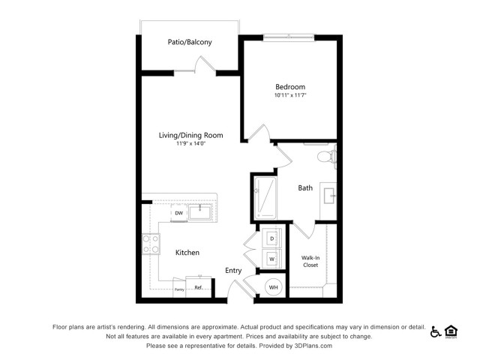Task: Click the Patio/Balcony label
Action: pos(190,42)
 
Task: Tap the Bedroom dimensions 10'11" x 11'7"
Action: pos(290,95)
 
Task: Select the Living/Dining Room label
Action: pos(190,135)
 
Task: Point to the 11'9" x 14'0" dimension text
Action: pos(190,143)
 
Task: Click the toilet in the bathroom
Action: pos(327,157)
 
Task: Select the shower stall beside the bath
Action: pos(265,198)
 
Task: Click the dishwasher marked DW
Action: pos(179,213)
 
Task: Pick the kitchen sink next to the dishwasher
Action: pos(200,212)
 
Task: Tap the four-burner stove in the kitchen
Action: pos(151,244)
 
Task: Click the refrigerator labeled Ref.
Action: pos(198,286)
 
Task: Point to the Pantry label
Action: pos(179,289)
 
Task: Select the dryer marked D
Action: pos(271,238)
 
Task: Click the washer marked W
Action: pos(271,259)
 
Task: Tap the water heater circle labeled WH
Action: pos(273,287)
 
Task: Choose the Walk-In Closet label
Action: pos(310,262)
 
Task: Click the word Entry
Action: pos(233,271)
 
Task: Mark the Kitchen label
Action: pos(187,253)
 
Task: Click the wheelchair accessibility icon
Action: pos(435,331)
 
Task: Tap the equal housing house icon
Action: pos(451,332)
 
